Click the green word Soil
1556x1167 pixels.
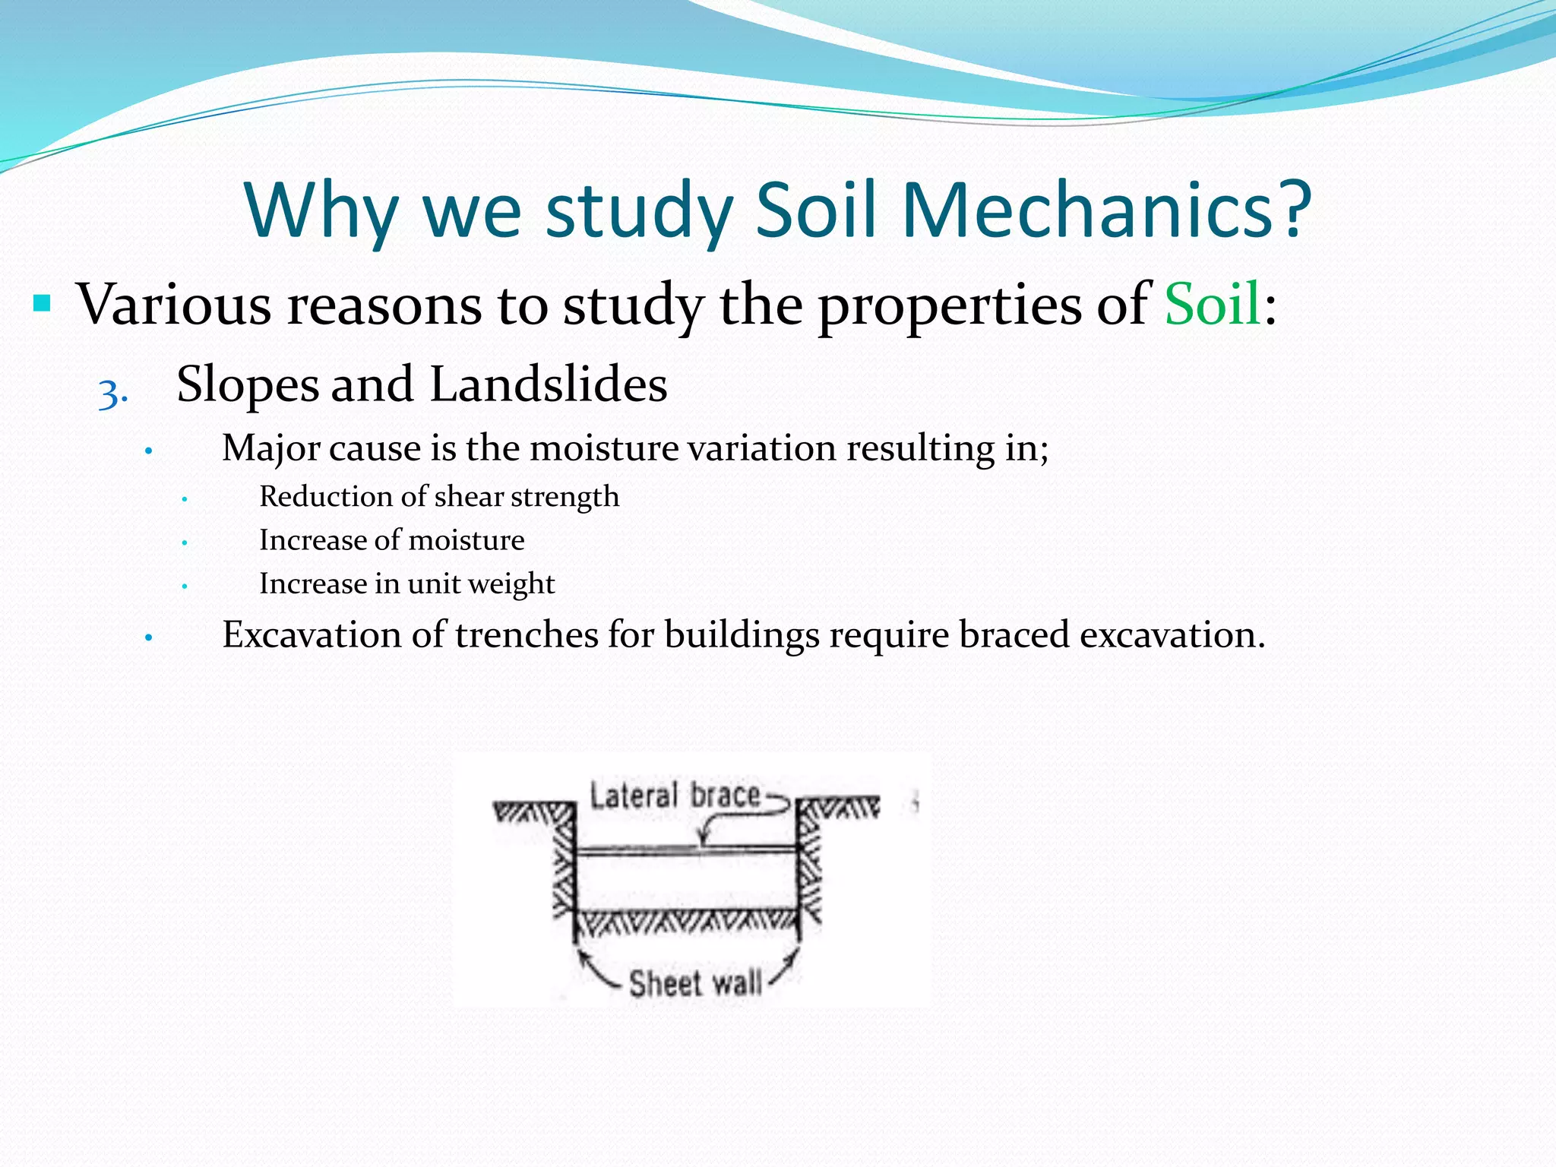[x=1213, y=305]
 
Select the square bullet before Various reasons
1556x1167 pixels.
[x=42, y=305]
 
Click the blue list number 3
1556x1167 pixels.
[x=112, y=394]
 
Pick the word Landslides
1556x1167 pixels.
[x=549, y=384]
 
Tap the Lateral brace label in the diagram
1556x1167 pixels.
[x=675, y=796]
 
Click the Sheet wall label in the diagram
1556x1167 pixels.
[x=695, y=983]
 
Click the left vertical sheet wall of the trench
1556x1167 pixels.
[x=574, y=874]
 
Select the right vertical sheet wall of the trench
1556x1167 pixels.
[x=799, y=874]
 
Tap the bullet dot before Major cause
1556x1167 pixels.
[x=149, y=452]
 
